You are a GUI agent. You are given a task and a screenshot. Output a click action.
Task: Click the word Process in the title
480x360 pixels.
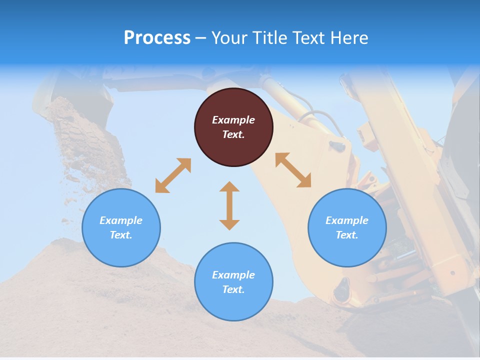157,37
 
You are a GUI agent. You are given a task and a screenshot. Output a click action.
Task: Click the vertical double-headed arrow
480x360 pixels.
229,205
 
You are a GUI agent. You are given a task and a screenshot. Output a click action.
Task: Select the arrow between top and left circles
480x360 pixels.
173,175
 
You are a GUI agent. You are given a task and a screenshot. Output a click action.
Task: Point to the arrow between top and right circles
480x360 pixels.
293,170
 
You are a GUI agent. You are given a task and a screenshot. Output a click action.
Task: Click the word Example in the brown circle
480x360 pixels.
233,120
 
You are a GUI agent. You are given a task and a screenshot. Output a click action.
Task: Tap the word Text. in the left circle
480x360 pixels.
121,235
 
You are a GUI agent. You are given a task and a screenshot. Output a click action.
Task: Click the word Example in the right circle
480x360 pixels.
347,220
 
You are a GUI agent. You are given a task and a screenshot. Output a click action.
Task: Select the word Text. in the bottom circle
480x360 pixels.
233,289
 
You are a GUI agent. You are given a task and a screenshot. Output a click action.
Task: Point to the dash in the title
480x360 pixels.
200,38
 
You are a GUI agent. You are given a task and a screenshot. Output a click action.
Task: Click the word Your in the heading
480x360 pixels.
229,37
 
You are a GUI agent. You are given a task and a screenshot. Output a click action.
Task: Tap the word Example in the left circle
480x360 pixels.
121,220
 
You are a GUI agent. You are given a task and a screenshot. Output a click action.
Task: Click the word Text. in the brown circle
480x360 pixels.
233,134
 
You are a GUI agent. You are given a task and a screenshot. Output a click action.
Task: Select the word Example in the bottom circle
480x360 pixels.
233,275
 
